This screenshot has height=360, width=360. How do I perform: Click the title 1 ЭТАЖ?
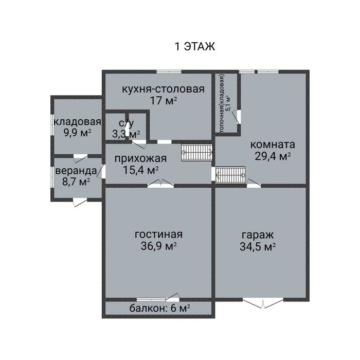coord(195,46)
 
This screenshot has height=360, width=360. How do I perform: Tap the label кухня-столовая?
coord(163,89)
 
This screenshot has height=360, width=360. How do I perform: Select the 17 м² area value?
coord(164,100)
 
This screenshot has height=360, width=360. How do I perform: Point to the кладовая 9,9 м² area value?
coord(77,133)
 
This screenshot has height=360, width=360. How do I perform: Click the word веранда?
coord(76,171)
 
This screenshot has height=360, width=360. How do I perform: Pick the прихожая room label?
coord(140,158)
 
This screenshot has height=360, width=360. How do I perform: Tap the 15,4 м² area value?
coord(141,170)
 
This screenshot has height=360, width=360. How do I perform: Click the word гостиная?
coord(158,235)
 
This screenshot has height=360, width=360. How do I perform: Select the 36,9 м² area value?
coord(158,246)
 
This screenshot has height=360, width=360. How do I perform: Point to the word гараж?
coord(258,236)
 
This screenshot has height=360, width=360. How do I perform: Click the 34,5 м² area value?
coord(258,247)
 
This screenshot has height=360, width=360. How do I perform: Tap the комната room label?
coord(273,145)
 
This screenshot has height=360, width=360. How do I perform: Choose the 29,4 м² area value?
coord(273,156)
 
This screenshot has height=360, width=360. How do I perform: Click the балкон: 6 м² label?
coord(159,308)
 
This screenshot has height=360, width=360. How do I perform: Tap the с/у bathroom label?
coord(127,123)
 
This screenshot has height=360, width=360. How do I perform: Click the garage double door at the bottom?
coord(263,302)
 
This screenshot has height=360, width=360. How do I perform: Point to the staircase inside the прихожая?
coord(197,152)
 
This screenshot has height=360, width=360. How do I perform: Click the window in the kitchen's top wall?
coord(169,71)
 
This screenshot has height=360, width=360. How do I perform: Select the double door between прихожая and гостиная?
coord(160,183)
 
